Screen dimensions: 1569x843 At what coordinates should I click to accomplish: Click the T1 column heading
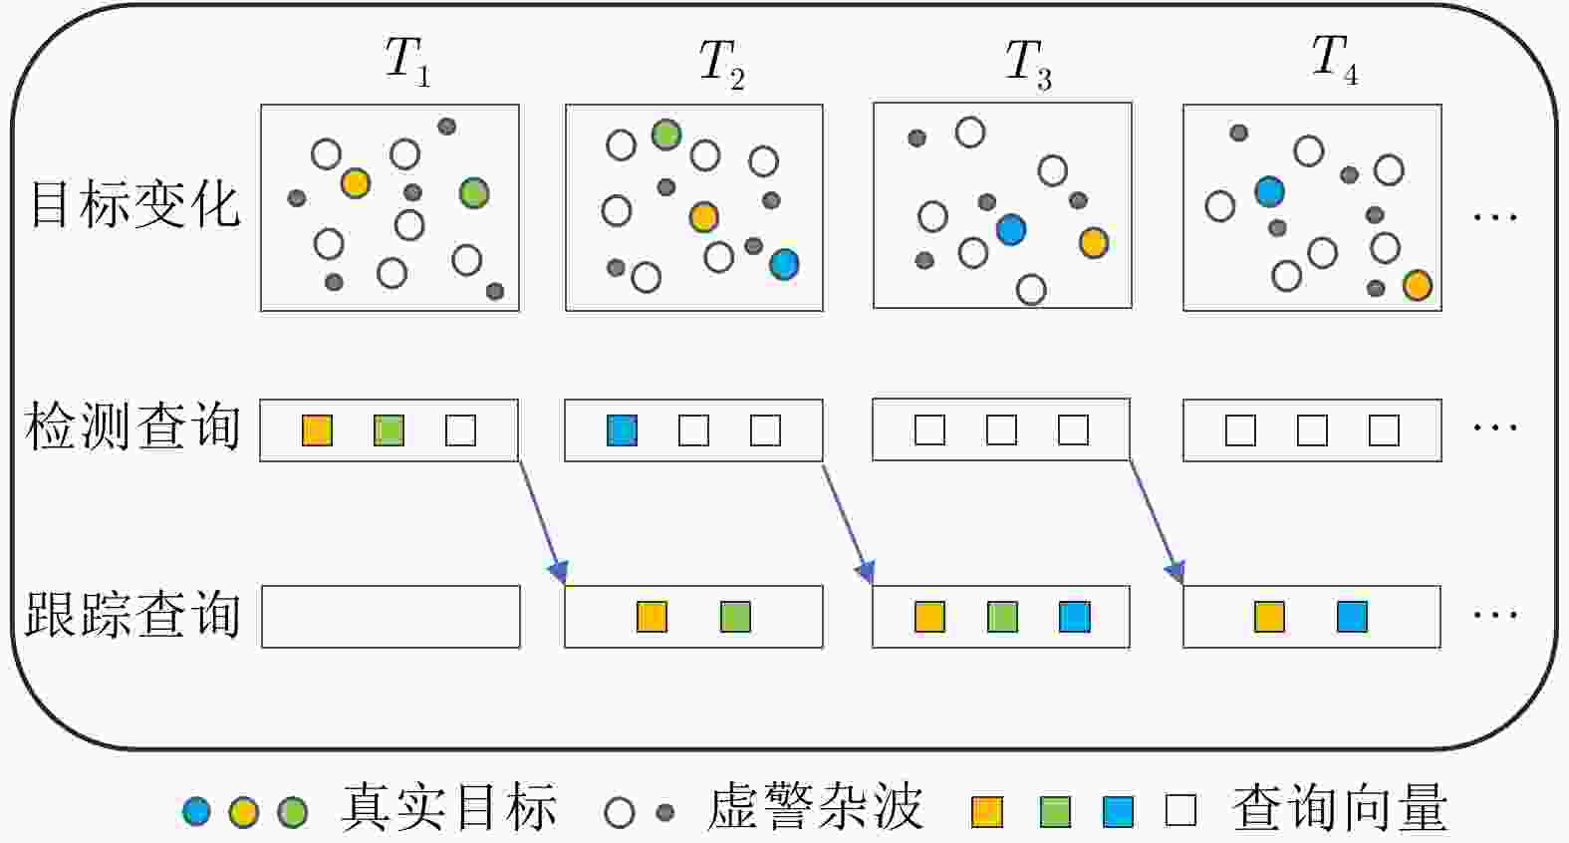coord(407,62)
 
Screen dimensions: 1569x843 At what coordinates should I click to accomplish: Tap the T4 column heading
coord(1334,60)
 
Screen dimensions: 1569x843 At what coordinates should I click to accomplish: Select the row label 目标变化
coord(135,204)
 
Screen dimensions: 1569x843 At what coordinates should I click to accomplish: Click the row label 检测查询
coord(132,426)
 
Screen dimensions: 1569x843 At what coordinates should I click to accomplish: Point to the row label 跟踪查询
coord(132,614)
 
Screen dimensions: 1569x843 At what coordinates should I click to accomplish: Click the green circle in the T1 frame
coord(474,192)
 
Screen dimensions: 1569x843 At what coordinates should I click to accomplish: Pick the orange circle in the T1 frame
coord(355,183)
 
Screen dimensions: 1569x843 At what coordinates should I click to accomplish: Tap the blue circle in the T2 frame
coord(784,264)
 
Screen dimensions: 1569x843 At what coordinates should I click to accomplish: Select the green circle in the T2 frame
coord(666,135)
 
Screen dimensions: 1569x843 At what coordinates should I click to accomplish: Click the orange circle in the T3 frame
coord(1094,242)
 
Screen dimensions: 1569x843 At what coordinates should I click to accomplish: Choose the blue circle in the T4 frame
coord(1269,191)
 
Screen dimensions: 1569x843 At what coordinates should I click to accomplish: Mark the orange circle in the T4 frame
coord(1417,285)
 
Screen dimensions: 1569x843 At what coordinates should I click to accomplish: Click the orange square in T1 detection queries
coord(318,430)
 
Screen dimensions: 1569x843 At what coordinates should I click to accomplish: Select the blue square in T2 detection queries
coord(622,430)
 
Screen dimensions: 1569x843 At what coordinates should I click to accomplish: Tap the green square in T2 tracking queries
coord(735,617)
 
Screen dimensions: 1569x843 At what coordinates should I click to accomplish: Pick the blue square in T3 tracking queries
coord(1075,617)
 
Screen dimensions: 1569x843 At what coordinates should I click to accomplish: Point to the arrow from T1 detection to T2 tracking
coord(542,522)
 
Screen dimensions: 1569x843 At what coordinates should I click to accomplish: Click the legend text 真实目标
coord(448,807)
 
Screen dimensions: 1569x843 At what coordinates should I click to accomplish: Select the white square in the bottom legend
coord(1180,811)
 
